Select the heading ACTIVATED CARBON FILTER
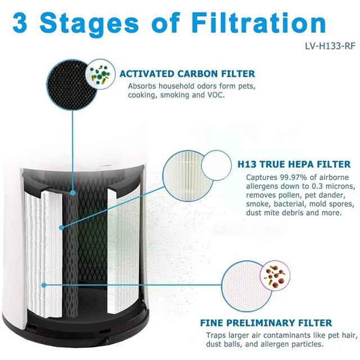tap(187, 74)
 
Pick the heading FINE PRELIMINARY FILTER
tap(266, 323)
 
